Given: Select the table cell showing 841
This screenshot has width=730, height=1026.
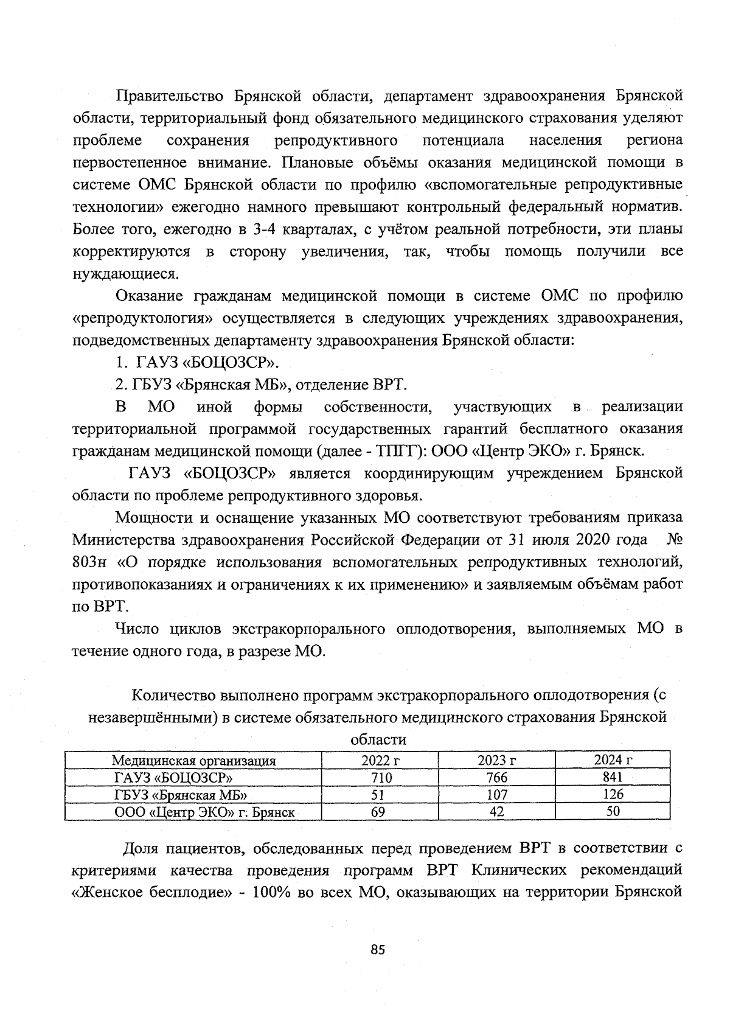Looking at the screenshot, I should tap(613, 777).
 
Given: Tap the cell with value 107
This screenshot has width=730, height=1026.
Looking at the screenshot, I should tap(497, 794).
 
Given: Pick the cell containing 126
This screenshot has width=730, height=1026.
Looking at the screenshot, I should tap(613, 794).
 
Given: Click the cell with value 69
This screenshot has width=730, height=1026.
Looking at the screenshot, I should tap(378, 811).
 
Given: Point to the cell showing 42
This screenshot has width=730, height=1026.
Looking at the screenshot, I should tap(497, 811).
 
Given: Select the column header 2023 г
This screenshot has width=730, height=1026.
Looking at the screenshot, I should tap(497, 760).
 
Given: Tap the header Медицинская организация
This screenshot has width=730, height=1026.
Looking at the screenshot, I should tap(193, 760).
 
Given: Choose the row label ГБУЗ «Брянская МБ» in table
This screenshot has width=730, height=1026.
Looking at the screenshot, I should tap(181, 795).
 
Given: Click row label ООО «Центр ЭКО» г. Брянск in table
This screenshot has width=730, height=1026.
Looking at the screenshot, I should tap(205, 812).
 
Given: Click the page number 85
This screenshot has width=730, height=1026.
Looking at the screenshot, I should tap(378, 950).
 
